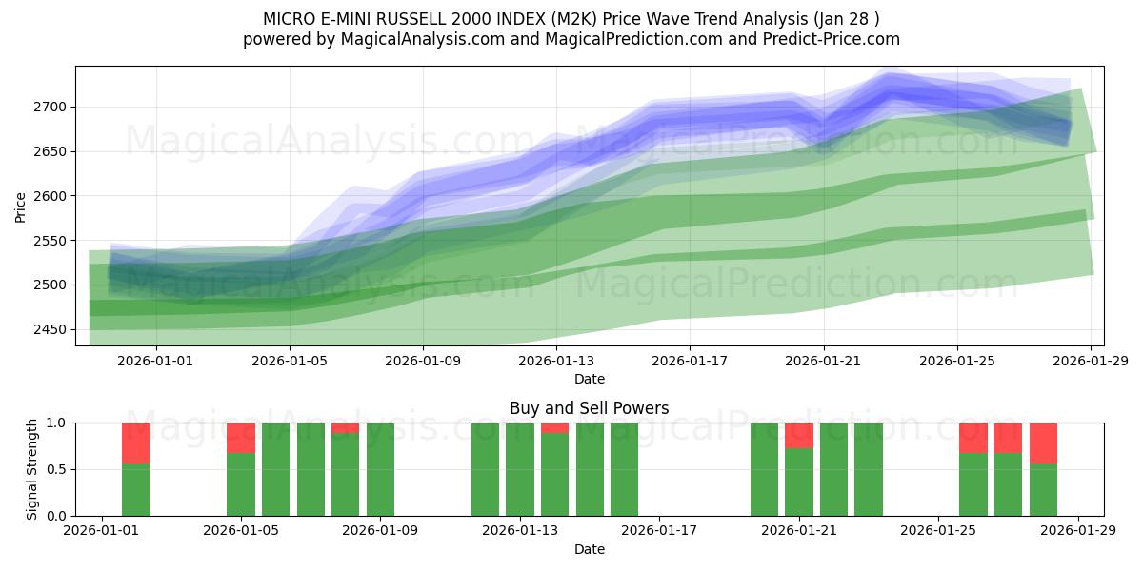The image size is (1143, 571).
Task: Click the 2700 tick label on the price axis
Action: [48, 107]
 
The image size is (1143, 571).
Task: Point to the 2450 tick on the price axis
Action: [48, 329]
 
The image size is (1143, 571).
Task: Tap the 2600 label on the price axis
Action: [48, 196]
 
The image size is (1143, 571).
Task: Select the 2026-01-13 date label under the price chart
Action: [557, 361]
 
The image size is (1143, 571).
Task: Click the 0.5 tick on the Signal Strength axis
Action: [56, 469]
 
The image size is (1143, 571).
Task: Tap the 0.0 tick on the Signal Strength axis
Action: [56, 516]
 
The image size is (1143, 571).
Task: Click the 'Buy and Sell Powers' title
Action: [589, 408]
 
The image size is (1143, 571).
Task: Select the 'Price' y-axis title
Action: [21, 206]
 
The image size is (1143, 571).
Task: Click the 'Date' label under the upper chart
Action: [590, 379]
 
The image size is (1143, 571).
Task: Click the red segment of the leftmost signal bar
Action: [136, 443]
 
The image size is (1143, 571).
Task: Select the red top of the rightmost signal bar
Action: [1043, 443]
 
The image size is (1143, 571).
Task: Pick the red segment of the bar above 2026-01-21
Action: [799, 435]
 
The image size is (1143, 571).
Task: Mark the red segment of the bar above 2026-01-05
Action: [241, 438]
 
